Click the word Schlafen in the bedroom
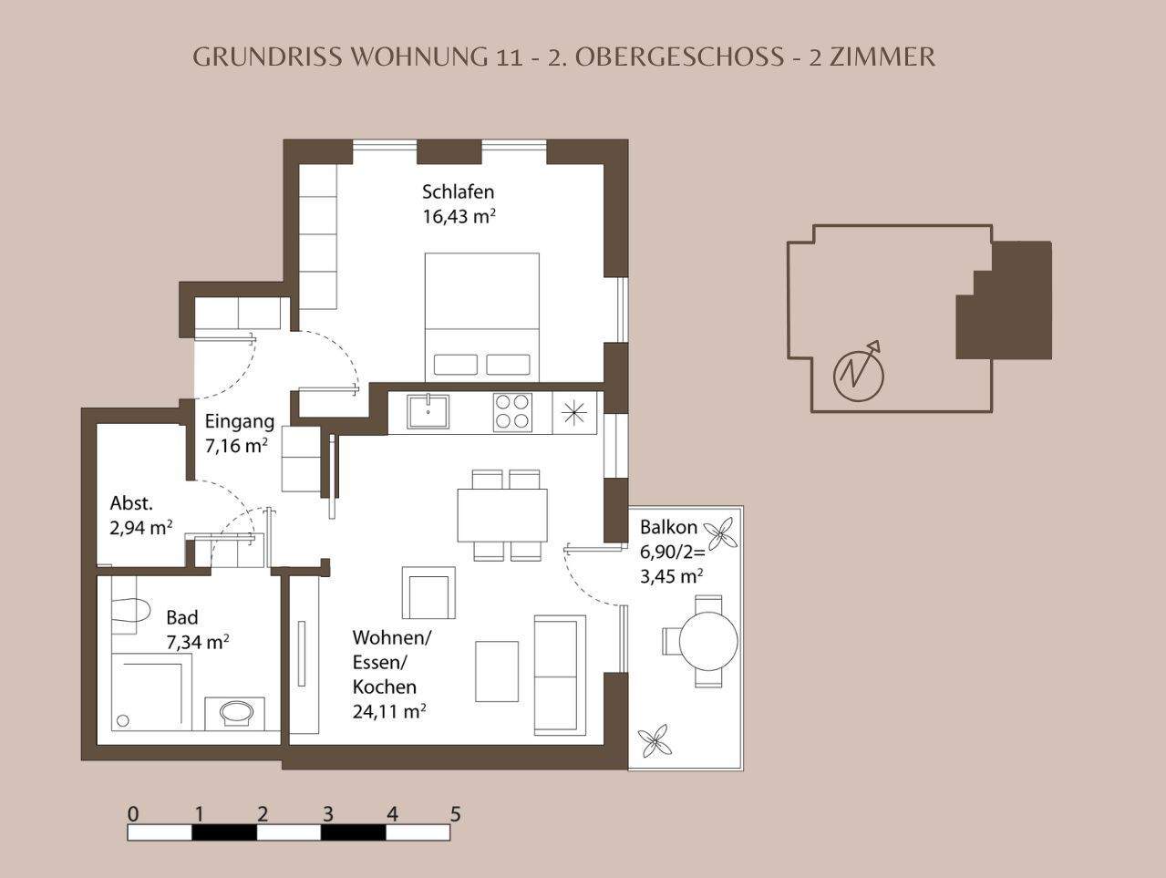[x=458, y=191]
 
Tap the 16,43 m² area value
[x=458, y=216]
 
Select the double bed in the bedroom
[x=481, y=315]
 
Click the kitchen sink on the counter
[x=428, y=410]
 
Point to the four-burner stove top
[x=512, y=411]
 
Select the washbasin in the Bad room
[x=239, y=712]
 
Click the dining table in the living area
[x=502, y=515]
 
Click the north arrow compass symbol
[x=860, y=372]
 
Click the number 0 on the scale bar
[x=133, y=814]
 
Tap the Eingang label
[x=239, y=421]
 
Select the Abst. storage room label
[x=131, y=502]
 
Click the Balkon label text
[x=668, y=527]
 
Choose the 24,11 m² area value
[x=389, y=711]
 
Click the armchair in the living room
[x=428, y=593]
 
